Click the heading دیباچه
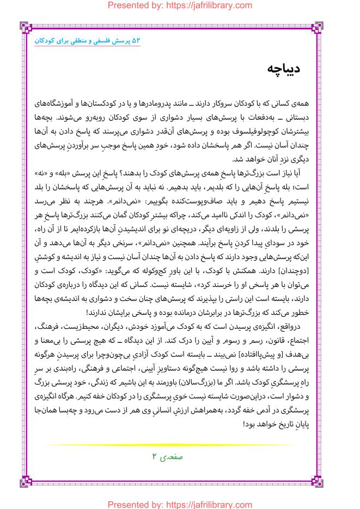(284, 69)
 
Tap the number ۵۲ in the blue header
(136, 41)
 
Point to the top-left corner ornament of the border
(26, 26)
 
